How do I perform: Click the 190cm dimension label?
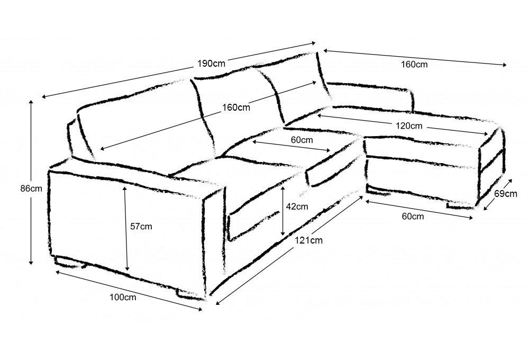coord(211,64)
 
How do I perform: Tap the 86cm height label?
coord(31,188)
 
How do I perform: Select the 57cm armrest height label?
coord(141,226)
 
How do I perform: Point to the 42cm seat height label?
coord(297,206)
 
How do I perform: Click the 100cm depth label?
coord(123,297)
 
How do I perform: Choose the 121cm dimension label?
coord(309,240)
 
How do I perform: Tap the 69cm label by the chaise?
coord(506,194)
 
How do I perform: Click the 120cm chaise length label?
coord(408,126)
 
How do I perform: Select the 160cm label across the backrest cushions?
coord(236,107)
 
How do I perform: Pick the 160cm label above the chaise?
coord(414,64)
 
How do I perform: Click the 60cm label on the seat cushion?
coord(302,139)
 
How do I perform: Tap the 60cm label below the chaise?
coord(413,216)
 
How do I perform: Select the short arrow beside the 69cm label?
coord(497,194)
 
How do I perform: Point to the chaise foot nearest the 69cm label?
coord(461,205)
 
